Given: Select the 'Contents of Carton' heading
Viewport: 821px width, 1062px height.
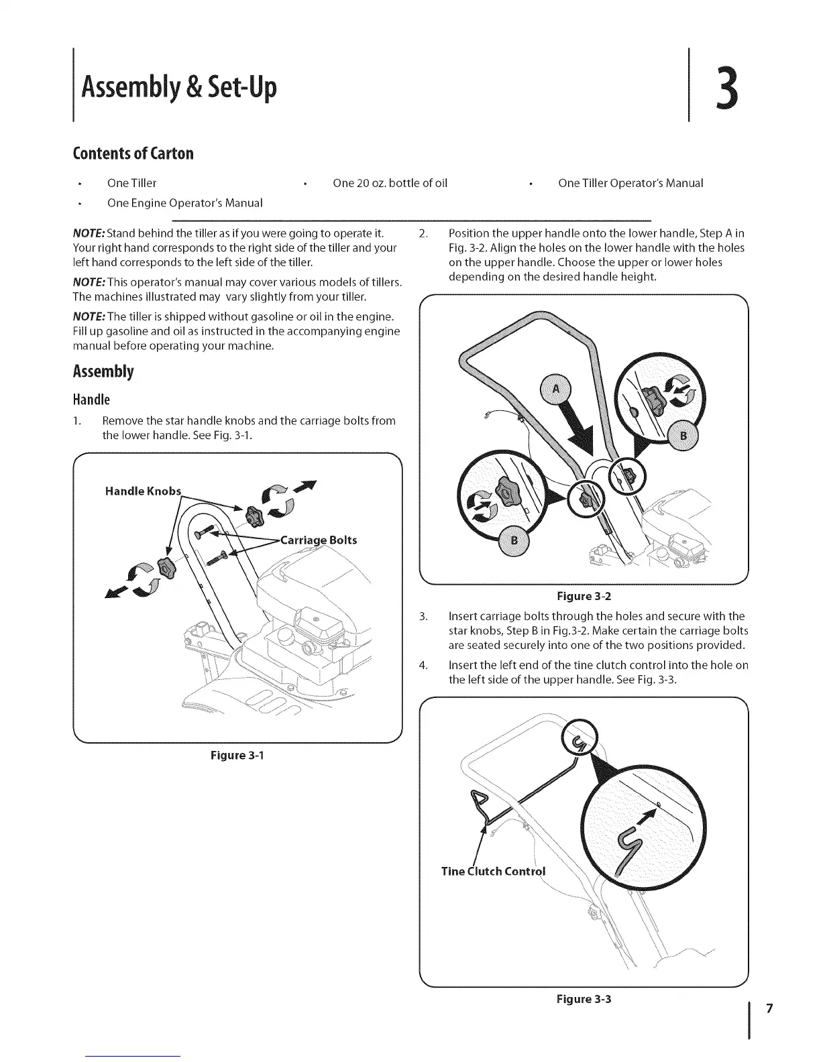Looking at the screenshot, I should click(133, 154).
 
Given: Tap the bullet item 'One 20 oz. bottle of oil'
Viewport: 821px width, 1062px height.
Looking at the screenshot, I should click(390, 183).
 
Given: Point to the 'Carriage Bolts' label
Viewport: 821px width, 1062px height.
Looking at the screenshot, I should click(318, 540).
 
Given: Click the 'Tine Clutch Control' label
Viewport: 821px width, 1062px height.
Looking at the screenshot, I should click(493, 872).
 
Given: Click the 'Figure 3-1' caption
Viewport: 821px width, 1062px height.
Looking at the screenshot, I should click(237, 756).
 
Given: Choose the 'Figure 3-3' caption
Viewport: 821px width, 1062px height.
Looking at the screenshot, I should click(584, 999).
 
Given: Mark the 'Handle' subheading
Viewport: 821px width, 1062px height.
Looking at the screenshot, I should click(91, 400).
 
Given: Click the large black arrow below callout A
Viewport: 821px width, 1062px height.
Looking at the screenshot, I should click(582, 436).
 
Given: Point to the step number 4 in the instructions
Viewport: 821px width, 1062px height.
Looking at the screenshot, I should click(423, 665).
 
